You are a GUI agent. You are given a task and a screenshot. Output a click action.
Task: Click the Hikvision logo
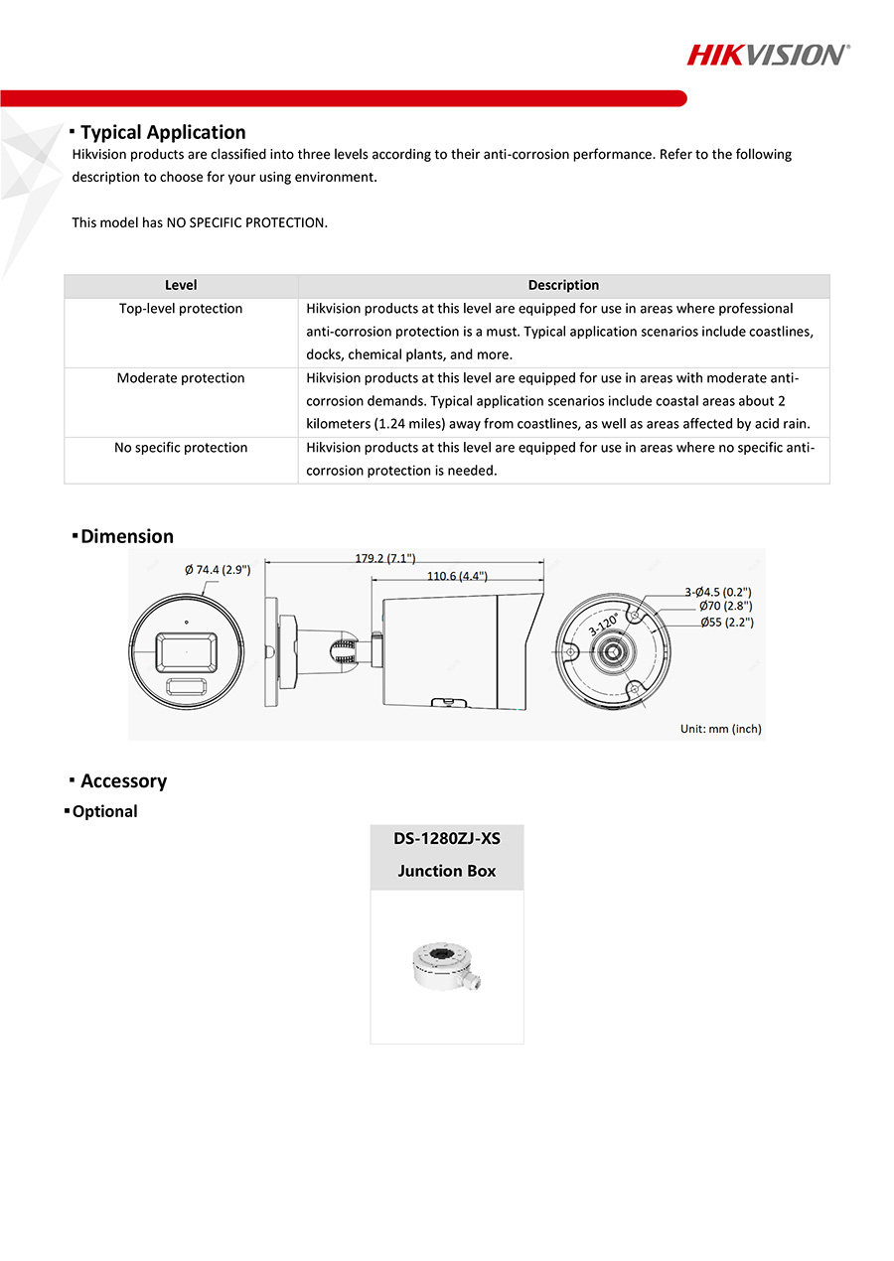(768, 55)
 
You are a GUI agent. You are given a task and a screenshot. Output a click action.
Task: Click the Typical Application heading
(163, 132)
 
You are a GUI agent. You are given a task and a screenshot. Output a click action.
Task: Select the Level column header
(181, 286)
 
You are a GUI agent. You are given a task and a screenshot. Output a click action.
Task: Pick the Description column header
(563, 286)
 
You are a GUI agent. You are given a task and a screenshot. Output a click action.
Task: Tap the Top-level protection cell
(181, 309)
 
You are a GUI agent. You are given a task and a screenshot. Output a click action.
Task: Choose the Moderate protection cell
(181, 378)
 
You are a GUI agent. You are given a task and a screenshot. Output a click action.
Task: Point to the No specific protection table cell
(181, 448)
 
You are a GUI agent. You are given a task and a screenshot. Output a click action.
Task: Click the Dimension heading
(127, 536)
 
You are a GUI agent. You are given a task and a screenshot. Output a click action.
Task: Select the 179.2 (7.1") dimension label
(385, 558)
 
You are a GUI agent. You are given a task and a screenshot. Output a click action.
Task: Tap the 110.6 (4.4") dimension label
(457, 576)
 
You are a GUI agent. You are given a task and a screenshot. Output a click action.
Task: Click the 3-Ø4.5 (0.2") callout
(718, 592)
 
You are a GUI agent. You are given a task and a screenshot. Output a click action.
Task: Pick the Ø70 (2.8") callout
(725, 606)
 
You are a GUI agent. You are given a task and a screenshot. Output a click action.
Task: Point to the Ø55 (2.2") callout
(726, 623)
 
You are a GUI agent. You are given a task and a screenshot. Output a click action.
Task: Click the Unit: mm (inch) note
(720, 729)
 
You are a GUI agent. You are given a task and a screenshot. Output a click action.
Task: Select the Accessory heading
(123, 781)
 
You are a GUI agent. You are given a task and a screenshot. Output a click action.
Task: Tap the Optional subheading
(104, 811)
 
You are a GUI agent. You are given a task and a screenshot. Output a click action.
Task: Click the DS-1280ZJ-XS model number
(447, 839)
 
